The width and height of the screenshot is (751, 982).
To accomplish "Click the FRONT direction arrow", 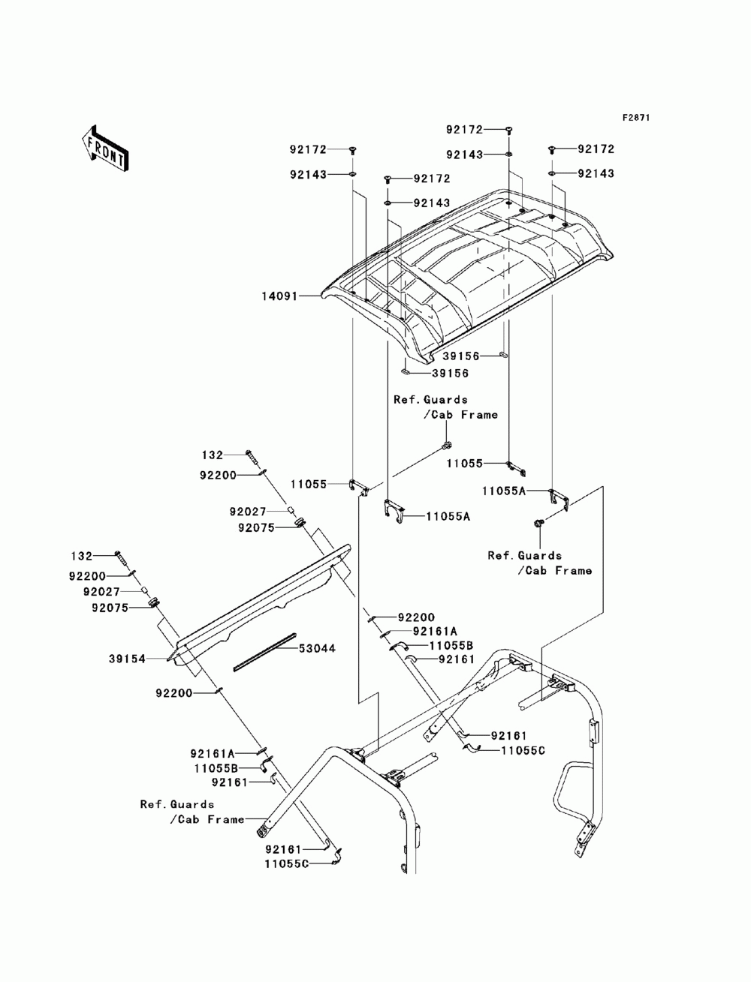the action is click(105, 149).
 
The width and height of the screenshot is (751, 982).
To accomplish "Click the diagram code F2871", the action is click(635, 118).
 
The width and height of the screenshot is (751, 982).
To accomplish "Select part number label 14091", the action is click(280, 296).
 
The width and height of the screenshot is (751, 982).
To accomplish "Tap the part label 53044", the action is click(317, 648).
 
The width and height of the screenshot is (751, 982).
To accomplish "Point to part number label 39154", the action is click(127, 659).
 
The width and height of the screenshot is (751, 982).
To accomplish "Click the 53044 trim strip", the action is click(264, 652).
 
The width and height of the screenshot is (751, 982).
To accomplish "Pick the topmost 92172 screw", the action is click(509, 131).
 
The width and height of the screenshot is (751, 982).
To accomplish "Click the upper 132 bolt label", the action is click(213, 455).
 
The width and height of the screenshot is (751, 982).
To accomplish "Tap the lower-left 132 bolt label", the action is click(82, 556).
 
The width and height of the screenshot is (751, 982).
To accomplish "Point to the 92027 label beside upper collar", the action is click(248, 512).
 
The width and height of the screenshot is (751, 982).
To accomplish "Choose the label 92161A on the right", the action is click(435, 631).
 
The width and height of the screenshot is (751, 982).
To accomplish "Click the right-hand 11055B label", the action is click(451, 646).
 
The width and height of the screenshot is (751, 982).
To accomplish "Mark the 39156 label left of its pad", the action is click(461, 356).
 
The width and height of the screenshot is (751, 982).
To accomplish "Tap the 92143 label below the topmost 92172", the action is click(464, 155).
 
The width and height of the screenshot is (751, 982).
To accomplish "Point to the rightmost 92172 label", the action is click(596, 149).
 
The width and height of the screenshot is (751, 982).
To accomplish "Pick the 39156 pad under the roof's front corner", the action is click(406, 372).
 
